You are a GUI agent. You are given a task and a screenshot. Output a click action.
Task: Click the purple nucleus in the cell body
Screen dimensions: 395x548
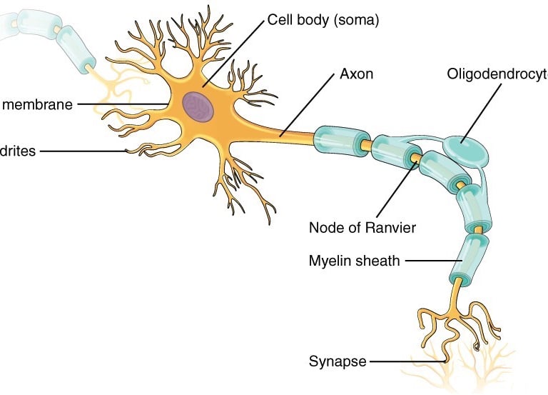(x=197, y=107)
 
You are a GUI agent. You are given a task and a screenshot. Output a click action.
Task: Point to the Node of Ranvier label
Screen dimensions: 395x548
(x=362, y=228)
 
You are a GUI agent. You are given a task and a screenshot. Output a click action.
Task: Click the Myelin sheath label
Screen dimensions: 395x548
(x=354, y=261)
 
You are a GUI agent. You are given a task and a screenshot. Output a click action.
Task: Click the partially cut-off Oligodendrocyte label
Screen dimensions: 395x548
(x=497, y=74)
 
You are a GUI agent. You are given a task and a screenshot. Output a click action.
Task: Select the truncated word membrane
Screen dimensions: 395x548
(x=37, y=105)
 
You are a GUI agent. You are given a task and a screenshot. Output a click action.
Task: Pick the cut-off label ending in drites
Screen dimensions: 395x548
(x=17, y=151)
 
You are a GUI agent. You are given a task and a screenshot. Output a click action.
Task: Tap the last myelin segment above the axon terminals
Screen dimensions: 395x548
(x=469, y=258)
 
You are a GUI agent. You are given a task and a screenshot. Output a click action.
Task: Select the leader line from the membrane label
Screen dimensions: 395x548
(x=121, y=104)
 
